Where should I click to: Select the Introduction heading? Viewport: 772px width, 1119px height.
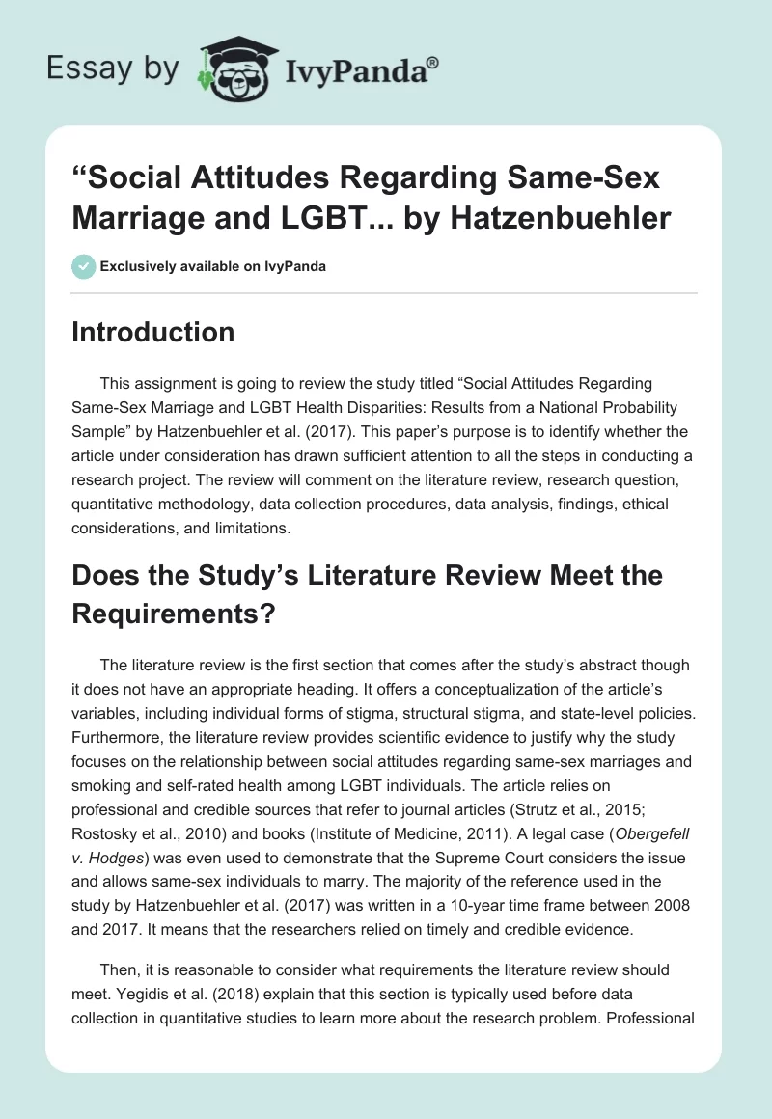click(x=153, y=332)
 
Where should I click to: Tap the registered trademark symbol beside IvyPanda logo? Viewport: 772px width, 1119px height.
click(x=434, y=63)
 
